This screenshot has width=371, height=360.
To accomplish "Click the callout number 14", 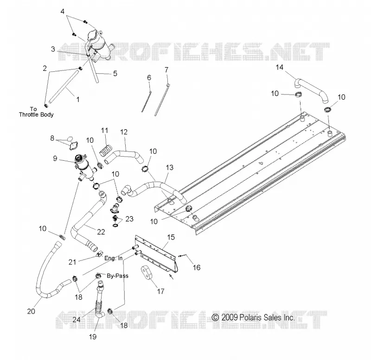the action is pyautogui.click(x=280, y=67).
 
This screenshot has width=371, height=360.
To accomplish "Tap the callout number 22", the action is pyautogui.click(x=101, y=232).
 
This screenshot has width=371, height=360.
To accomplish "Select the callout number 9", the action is pyautogui.click(x=55, y=158).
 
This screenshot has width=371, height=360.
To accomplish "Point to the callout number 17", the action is pyautogui.click(x=160, y=291).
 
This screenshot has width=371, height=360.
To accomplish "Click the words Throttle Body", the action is pyautogui.click(x=36, y=114).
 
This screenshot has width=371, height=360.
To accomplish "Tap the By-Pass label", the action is pyautogui.click(x=117, y=276).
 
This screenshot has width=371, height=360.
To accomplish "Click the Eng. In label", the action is pyautogui.click(x=114, y=258).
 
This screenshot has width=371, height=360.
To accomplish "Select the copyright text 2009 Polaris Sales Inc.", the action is pyautogui.click(x=253, y=317).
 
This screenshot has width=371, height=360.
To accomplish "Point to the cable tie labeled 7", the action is pyautogui.click(x=161, y=100).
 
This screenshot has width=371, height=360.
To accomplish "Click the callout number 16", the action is pyautogui.click(x=197, y=267).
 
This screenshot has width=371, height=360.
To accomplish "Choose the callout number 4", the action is pyautogui.click(x=63, y=11).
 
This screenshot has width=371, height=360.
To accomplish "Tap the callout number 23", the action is pyautogui.click(x=129, y=219).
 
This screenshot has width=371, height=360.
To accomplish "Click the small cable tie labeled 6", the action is pyautogui.click(x=147, y=100).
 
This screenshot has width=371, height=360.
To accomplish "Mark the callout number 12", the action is pyautogui.click(x=124, y=132).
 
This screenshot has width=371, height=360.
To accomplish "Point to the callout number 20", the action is pyautogui.click(x=31, y=311).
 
